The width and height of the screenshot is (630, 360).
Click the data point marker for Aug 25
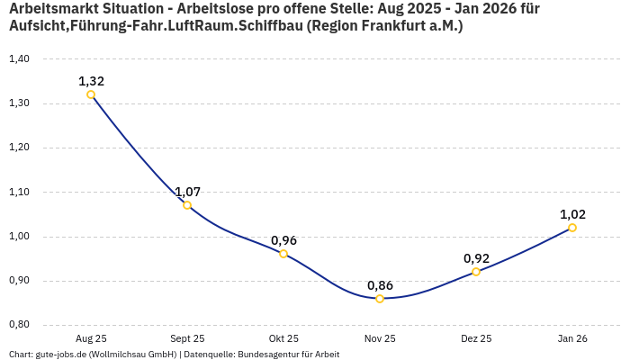(91, 94)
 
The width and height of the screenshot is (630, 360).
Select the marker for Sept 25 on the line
(187, 205)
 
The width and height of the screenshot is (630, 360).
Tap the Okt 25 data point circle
(283, 254)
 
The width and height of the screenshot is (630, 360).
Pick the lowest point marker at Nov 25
(380, 298)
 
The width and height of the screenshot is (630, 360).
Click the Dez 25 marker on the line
(476, 272)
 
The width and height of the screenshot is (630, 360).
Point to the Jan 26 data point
(572, 228)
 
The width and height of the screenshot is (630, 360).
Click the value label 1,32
(91, 81)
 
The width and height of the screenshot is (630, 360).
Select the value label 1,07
(187, 192)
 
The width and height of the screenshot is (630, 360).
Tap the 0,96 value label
(283, 240)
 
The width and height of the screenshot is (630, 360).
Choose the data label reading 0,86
(380, 285)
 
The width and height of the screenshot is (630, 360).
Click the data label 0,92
(476, 258)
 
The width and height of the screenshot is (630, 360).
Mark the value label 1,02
(572, 214)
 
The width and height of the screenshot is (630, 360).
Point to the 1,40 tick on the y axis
(19, 59)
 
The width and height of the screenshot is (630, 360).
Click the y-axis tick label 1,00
(19, 237)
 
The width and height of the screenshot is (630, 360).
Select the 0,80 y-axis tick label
(19, 325)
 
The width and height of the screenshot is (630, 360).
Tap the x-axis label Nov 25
(380, 338)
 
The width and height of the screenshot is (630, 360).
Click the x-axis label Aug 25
(91, 338)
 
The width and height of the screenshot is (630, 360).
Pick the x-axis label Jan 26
(572, 338)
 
